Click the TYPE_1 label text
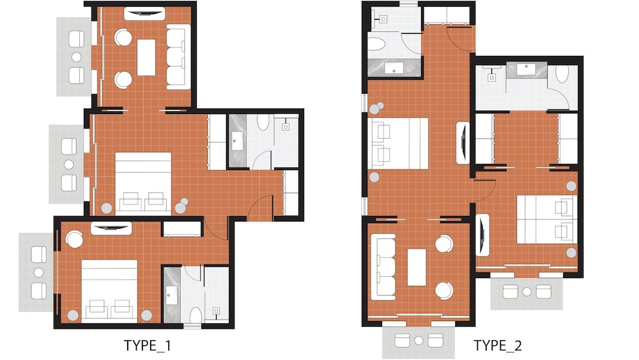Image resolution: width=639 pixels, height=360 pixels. tap(147, 346)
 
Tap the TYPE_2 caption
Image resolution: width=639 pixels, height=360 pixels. tap(498, 346)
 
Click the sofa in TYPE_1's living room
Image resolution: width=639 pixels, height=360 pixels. tap(178, 56)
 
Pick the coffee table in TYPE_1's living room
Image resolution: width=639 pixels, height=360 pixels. tap(146, 57)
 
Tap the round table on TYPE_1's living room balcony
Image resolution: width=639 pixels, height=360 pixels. tap(77, 56)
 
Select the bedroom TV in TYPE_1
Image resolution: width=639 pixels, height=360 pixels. tap(111, 228)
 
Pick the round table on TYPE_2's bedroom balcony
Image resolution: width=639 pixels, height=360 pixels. tap(527, 292)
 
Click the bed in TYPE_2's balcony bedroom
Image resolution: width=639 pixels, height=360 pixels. tap(546, 219)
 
